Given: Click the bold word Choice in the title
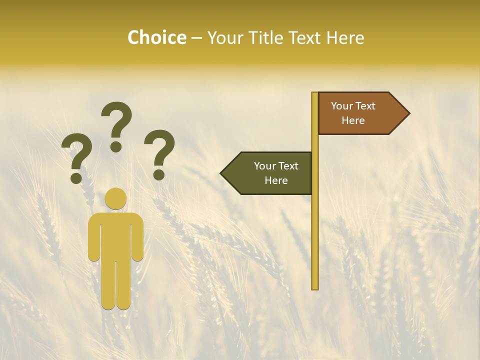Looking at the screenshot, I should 156,37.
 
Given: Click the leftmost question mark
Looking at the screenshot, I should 76,159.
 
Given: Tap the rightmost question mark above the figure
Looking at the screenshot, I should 159,152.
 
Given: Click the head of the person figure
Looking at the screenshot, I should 116,198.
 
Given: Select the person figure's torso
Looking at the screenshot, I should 116,235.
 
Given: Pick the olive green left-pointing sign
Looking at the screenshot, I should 270,173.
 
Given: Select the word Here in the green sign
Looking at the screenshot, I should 276,180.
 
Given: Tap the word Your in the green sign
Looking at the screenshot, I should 265,165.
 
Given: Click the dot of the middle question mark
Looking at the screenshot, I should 116,146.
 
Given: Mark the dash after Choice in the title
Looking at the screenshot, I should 196,38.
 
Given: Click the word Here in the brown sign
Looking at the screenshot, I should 353,120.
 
